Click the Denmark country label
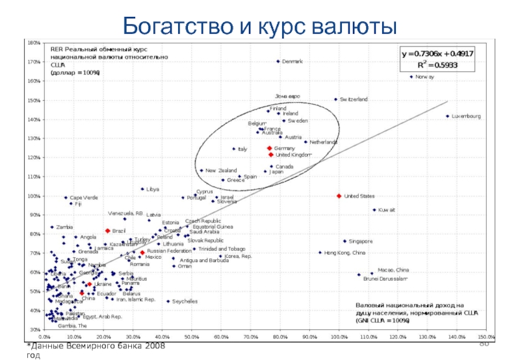coord(292,62)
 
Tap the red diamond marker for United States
coord(339,196)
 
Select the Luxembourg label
coord(467,116)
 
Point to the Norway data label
coord(424,77)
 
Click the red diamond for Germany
coord(270,148)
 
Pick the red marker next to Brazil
coord(107,231)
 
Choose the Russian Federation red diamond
coord(142,252)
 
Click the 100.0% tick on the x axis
coord(339,337)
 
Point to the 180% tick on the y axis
coord(32,42)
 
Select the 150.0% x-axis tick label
coord(486,337)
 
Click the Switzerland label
coord(354,99)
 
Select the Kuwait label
coord(387,210)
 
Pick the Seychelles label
coord(185,302)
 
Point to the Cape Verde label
coord(84,198)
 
